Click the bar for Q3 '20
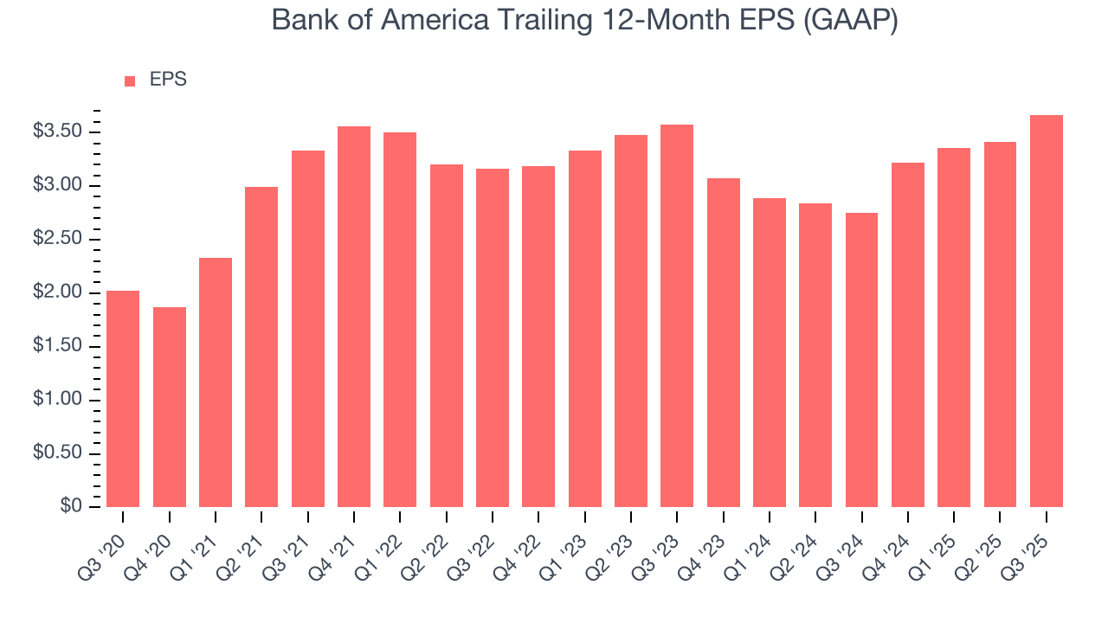pyautogui.click(x=123, y=399)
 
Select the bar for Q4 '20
pyautogui.click(x=170, y=407)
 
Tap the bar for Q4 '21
pyautogui.click(x=354, y=317)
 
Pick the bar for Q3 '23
pyautogui.click(x=677, y=316)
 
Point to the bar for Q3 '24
pyautogui.click(x=861, y=360)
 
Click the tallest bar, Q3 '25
pyautogui.click(x=1047, y=311)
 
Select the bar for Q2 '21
pyautogui.click(x=261, y=347)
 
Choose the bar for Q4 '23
pyautogui.click(x=723, y=343)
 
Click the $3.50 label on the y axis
pyautogui.click(x=57, y=132)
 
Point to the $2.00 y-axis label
pyautogui.click(x=57, y=292)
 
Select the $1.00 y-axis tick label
pyautogui.click(x=57, y=400)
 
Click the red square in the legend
pyautogui.click(x=130, y=80)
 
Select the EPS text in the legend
pyautogui.click(x=168, y=80)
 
